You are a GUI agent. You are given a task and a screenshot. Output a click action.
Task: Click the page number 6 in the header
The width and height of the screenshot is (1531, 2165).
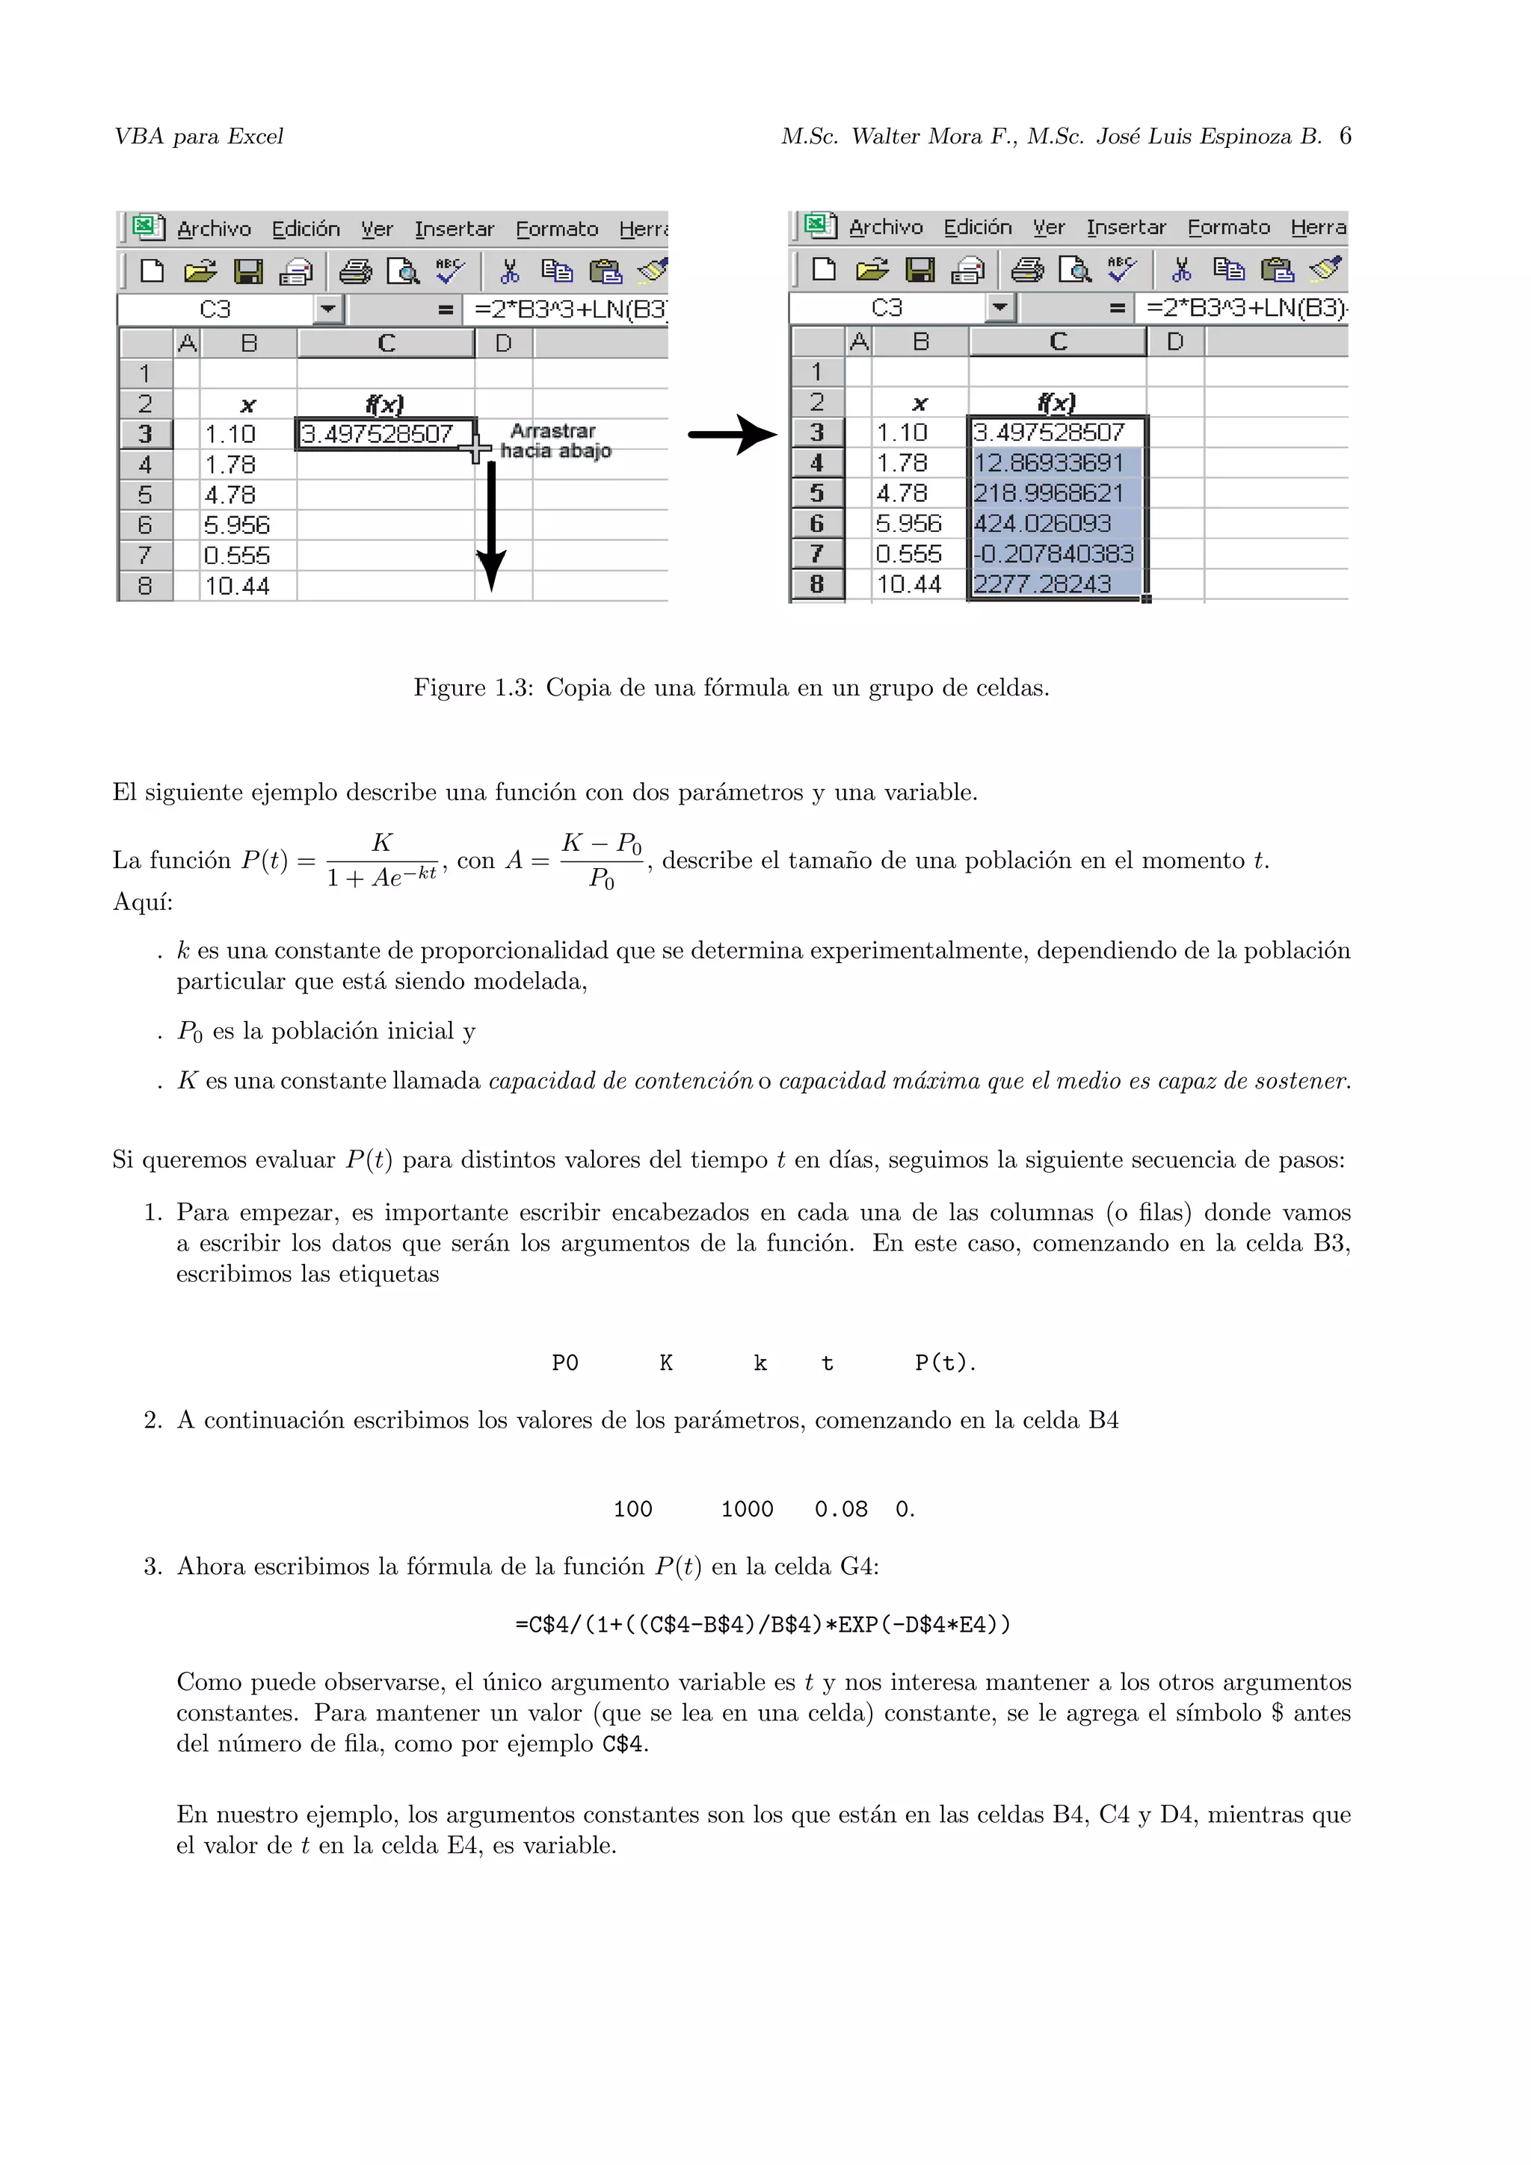pos(1344,136)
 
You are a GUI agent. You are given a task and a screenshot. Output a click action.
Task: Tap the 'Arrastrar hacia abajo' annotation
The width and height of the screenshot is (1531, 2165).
pos(555,440)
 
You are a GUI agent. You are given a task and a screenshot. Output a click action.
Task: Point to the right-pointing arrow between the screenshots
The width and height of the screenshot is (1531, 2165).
pos(732,434)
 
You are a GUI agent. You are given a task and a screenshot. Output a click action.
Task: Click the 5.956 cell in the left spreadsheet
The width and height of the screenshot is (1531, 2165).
pos(237,525)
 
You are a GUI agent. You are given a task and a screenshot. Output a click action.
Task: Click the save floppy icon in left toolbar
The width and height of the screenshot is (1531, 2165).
pos(248,272)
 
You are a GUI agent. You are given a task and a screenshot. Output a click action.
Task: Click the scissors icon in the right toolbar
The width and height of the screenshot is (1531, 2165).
pos(1181,270)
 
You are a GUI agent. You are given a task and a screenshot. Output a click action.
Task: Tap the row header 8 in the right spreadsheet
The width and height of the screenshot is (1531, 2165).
pos(817,585)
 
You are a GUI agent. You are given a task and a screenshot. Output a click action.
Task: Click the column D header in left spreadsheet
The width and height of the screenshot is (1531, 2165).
pos(504,343)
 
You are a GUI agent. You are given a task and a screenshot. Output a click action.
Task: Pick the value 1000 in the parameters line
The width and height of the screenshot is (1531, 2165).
pos(747,1509)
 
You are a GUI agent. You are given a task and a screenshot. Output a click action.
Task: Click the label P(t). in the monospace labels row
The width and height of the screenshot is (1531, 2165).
pos(945,1363)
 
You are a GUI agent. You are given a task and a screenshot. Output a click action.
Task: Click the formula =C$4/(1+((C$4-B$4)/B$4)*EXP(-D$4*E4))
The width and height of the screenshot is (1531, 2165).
pos(763,1624)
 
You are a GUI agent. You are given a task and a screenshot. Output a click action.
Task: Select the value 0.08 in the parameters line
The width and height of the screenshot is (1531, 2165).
pos(840,1509)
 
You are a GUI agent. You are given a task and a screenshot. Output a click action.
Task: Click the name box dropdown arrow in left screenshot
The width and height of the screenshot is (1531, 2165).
pos(327,309)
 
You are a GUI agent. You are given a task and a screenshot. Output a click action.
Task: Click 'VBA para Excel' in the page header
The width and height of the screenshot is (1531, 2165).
pos(198,137)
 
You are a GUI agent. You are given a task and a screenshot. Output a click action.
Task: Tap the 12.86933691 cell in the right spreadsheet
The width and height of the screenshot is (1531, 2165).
pos(1048,463)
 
